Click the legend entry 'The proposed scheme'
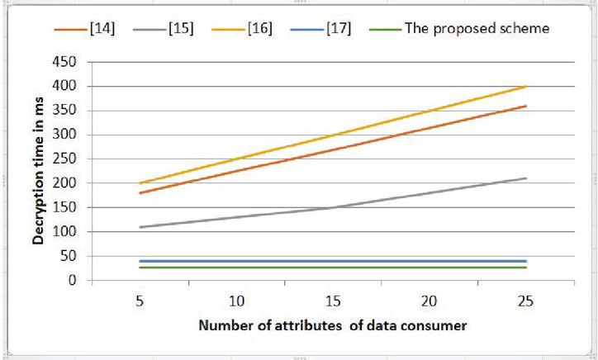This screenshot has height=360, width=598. [x=477, y=29]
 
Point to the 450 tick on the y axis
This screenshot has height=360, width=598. [x=64, y=62]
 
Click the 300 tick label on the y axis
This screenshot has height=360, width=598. [x=64, y=135]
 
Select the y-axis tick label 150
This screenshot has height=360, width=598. [x=64, y=207]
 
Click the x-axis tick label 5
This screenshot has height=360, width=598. [x=140, y=300]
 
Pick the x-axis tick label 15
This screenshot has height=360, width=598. [x=333, y=300]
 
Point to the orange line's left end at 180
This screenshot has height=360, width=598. [x=140, y=193]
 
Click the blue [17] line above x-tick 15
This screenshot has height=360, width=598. [x=333, y=261]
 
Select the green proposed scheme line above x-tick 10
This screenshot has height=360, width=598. [x=237, y=268]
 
